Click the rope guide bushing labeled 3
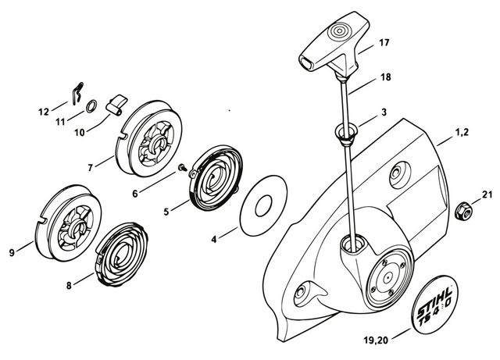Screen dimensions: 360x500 346,133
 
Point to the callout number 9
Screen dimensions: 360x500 11,252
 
